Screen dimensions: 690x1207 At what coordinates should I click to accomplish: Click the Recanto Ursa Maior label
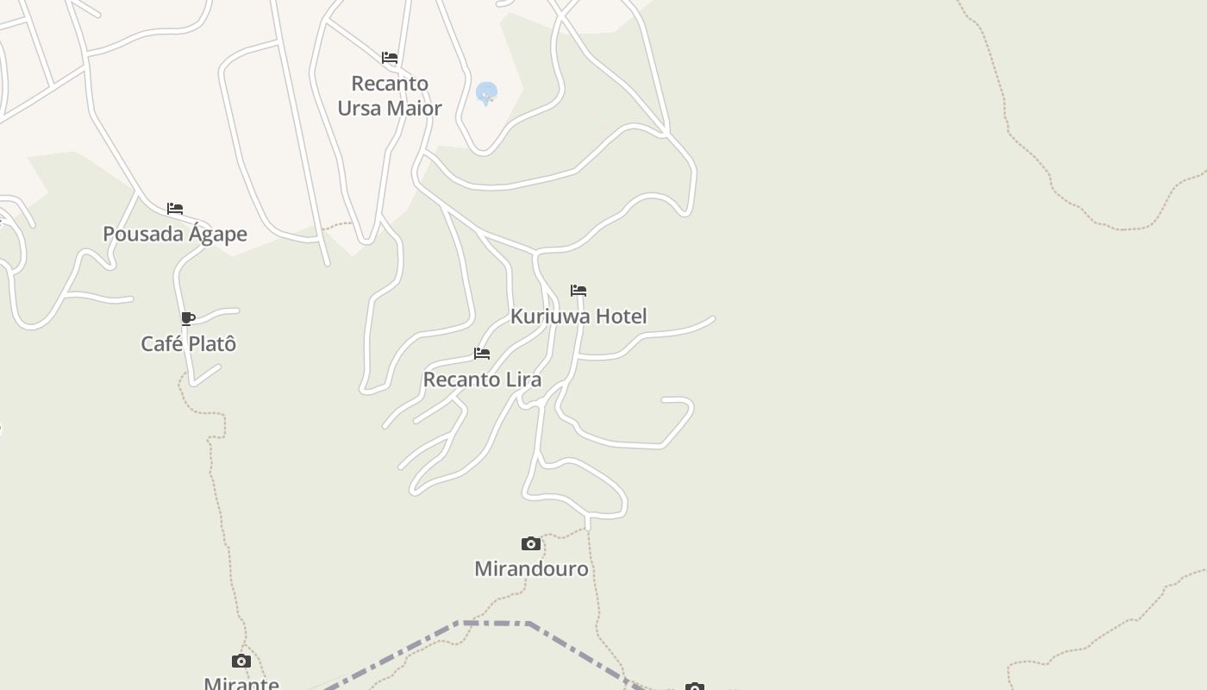click(390, 96)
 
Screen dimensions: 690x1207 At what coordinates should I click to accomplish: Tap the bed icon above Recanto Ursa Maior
click(390, 58)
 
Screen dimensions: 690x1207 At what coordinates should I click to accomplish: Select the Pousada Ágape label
click(175, 234)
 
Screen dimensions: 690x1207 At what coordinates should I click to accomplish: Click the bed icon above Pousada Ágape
click(175, 208)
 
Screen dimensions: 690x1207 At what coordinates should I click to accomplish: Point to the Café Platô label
click(188, 343)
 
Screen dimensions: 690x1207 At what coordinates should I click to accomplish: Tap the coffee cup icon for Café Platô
click(188, 318)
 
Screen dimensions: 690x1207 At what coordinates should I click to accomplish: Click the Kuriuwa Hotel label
click(578, 316)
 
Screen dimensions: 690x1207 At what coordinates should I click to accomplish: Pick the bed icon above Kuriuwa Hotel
click(578, 291)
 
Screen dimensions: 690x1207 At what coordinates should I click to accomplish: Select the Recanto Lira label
click(482, 379)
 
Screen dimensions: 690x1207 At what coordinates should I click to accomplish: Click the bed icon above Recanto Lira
click(482, 354)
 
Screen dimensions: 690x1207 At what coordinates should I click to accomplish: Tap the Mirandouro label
click(531, 568)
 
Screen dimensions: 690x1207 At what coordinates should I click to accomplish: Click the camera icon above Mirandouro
click(531, 543)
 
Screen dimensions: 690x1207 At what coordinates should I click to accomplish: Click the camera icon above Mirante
click(241, 662)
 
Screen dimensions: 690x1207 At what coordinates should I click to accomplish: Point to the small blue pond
click(486, 91)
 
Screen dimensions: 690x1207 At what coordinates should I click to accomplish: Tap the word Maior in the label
click(414, 108)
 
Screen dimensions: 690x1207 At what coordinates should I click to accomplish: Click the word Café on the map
click(161, 343)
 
